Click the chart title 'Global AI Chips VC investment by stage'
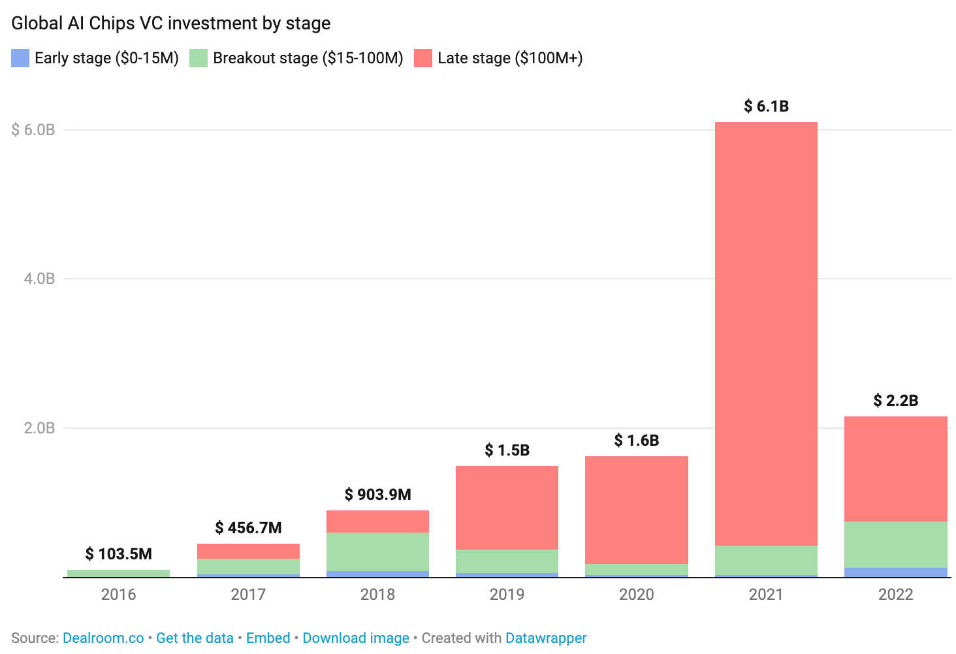[x=171, y=23]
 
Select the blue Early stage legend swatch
[x=20, y=58]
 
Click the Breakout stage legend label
[x=308, y=58]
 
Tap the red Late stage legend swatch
[x=423, y=58]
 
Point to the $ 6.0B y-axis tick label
[x=33, y=130]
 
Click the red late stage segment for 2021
[x=766, y=333]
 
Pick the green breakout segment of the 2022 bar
[x=895, y=544]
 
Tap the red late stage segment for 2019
[x=507, y=508]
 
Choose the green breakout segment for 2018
[x=377, y=552]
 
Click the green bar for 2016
[x=118, y=573]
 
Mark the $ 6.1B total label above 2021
[x=766, y=106]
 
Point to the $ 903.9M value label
[x=377, y=495]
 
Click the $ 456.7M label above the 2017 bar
[x=248, y=528]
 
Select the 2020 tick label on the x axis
[x=636, y=595]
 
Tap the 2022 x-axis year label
[x=895, y=595]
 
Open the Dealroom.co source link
[x=103, y=638]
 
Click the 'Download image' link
[x=356, y=638]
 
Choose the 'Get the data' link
[x=195, y=638]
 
